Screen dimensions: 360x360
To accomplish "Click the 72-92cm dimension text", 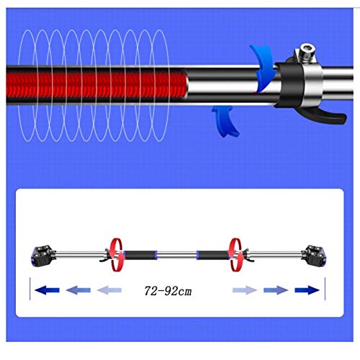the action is pos(168,291).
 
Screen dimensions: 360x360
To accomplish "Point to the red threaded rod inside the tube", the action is pos(96,84).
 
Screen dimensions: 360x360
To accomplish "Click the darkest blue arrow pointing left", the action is pos(48,290).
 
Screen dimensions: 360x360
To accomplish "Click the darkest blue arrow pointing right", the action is pos(307,290).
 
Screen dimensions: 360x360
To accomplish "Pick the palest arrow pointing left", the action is pos(109,290).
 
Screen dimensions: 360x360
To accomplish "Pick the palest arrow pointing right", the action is pos(245,290).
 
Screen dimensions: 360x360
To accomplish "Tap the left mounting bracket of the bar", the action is pos(43,256).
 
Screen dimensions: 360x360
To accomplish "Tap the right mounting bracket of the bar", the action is pos(314,256).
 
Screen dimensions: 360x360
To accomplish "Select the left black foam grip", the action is pos(140,255).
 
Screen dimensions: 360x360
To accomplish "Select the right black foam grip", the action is pos(212,255).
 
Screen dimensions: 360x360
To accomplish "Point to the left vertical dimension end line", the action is pos(30,289).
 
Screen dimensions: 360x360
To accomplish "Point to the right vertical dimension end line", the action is pos(325,289).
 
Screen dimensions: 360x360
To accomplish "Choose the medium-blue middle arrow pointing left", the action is pos(78,290).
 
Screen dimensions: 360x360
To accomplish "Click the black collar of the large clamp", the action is pos(290,84).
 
